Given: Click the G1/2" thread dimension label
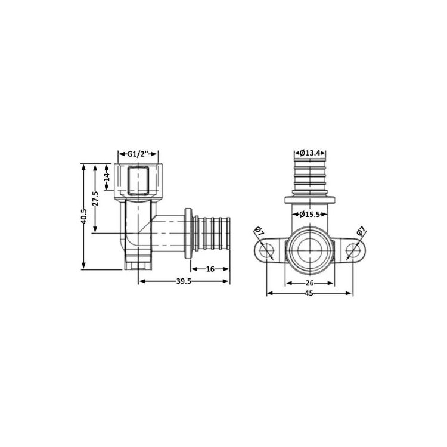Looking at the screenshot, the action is point(138,154).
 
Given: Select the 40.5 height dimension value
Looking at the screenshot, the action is point(83,216).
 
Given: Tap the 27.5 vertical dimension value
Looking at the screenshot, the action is point(95,198).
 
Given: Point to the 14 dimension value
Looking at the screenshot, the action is point(107,177).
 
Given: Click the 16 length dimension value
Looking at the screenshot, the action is point(210,269).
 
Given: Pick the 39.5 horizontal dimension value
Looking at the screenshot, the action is point(184,281).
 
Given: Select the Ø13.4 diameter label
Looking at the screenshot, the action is point(309,153).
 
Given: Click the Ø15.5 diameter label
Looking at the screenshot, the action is point(309,214).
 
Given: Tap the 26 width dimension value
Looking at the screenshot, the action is point(309,283).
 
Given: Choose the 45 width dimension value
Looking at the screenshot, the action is point(309,293).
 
